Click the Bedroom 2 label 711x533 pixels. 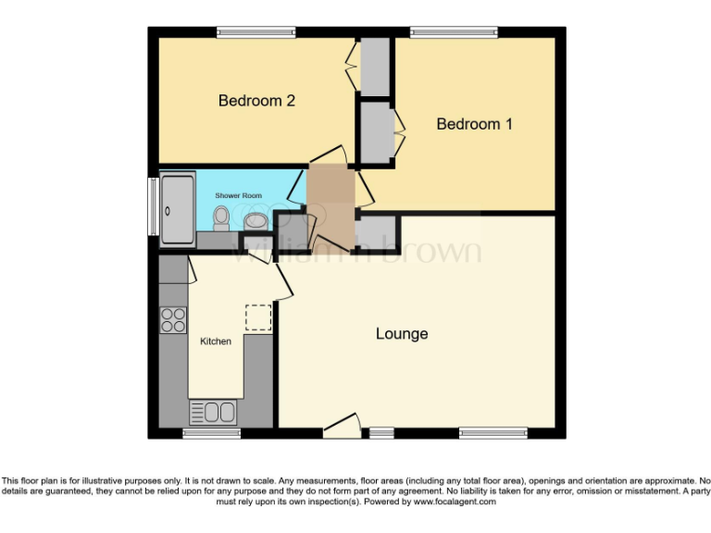click(x=256, y=101)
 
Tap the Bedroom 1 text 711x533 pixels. click(x=474, y=124)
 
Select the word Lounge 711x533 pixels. click(x=402, y=334)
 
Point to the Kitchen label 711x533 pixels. click(x=216, y=341)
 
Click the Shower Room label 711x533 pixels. click(x=239, y=196)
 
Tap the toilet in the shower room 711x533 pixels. click(x=221, y=218)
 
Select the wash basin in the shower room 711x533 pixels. click(x=256, y=221)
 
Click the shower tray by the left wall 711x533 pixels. click(x=178, y=210)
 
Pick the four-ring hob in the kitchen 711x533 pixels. click(x=173, y=319)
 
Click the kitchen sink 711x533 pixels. click(x=214, y=412)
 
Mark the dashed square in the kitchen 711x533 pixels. click(x=257, y=317)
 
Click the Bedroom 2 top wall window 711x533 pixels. click(x=256, y=32)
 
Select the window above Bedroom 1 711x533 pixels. click(x=454, y=32)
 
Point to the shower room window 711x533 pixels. click(x=153, y=204)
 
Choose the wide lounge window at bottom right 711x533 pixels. click(x=493, y=432)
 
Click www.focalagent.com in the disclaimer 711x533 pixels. click(x=454, y=502)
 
